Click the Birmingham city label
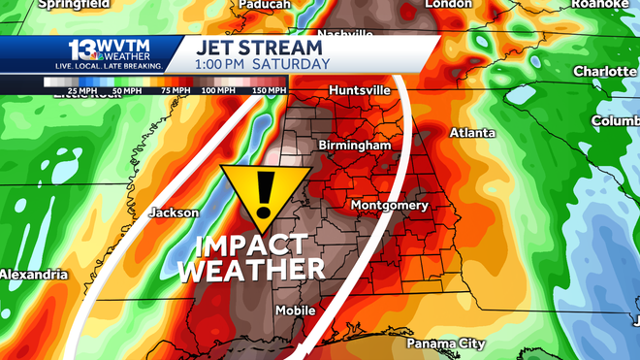355,145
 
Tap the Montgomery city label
389,206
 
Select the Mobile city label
295,311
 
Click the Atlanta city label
472,133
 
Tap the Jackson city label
174,213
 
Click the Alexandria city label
33,275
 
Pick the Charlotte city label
603,71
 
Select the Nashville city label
344,34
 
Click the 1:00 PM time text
223,63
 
